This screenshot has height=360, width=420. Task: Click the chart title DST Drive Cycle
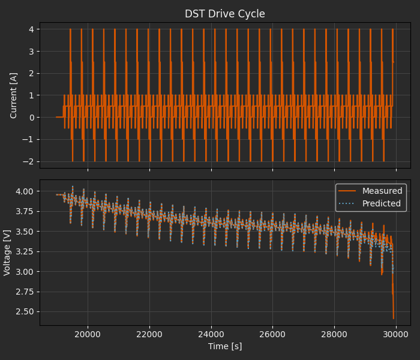click(x=225, y=14)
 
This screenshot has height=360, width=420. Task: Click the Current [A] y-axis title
click(x=14, y=95)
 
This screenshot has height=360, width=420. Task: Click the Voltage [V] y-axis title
click(x=8, y=253)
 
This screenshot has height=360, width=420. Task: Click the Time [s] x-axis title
click(x=225, y=346)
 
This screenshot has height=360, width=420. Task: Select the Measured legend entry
click(x=382, y=191)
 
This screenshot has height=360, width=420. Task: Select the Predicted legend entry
click(x=382, y=203)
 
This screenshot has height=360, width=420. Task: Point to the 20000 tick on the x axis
click(x=88, y=334)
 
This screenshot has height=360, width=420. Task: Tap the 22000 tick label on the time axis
click(x=149, y=334)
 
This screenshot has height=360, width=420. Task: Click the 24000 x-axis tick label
click(x=211, y=334)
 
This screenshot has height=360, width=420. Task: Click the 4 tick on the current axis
click(x=32, y=29)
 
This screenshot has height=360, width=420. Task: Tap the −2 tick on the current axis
click(x=30, y=161)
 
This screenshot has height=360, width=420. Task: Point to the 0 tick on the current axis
click(x=32, y=118)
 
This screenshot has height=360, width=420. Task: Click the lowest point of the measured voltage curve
click(x=394, y=319)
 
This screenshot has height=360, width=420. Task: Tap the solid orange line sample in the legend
click(x=348, y=191)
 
